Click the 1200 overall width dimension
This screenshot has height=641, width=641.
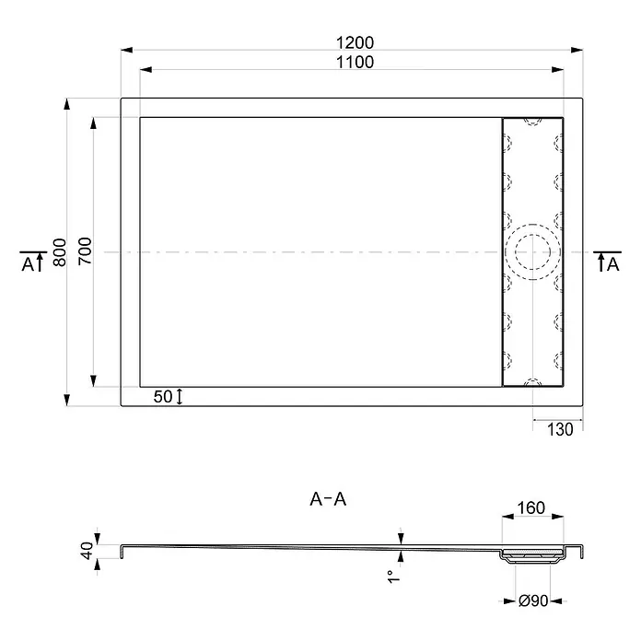pyautogui.click(x=355, y=42)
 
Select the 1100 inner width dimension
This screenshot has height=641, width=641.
pyautogui.click(x=355, y=62)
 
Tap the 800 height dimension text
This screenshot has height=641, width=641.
pyautogui.click(x=60, y=252)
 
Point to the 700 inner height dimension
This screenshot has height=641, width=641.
pyautogui.click(x=85, y=251)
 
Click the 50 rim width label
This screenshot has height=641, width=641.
pyautogui.click(x=163, y=397)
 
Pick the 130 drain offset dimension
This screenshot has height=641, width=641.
pyautogui.click(x=560, y=430)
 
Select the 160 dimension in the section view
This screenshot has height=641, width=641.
pyautogui.click(x=531, y=507)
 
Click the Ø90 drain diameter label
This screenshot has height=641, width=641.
pyautogui.click(x=533, y=600)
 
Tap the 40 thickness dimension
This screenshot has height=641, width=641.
pyautogui.click(x=87, y=550)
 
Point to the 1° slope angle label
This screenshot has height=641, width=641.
pyautogui.click(x=393, y=577)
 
